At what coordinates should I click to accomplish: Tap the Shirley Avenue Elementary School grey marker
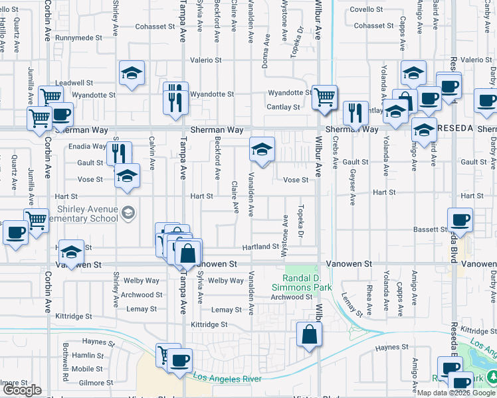click(x=128, y=213)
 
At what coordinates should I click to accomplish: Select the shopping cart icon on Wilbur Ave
click(x=324, y=97)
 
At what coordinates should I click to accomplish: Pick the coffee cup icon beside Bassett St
click(x=459, y=220)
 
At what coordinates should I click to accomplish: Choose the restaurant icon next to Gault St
click(x=119, y=154)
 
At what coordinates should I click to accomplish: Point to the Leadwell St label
click(x=74, y=83)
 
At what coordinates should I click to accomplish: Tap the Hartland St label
click(x=260, y=246)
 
